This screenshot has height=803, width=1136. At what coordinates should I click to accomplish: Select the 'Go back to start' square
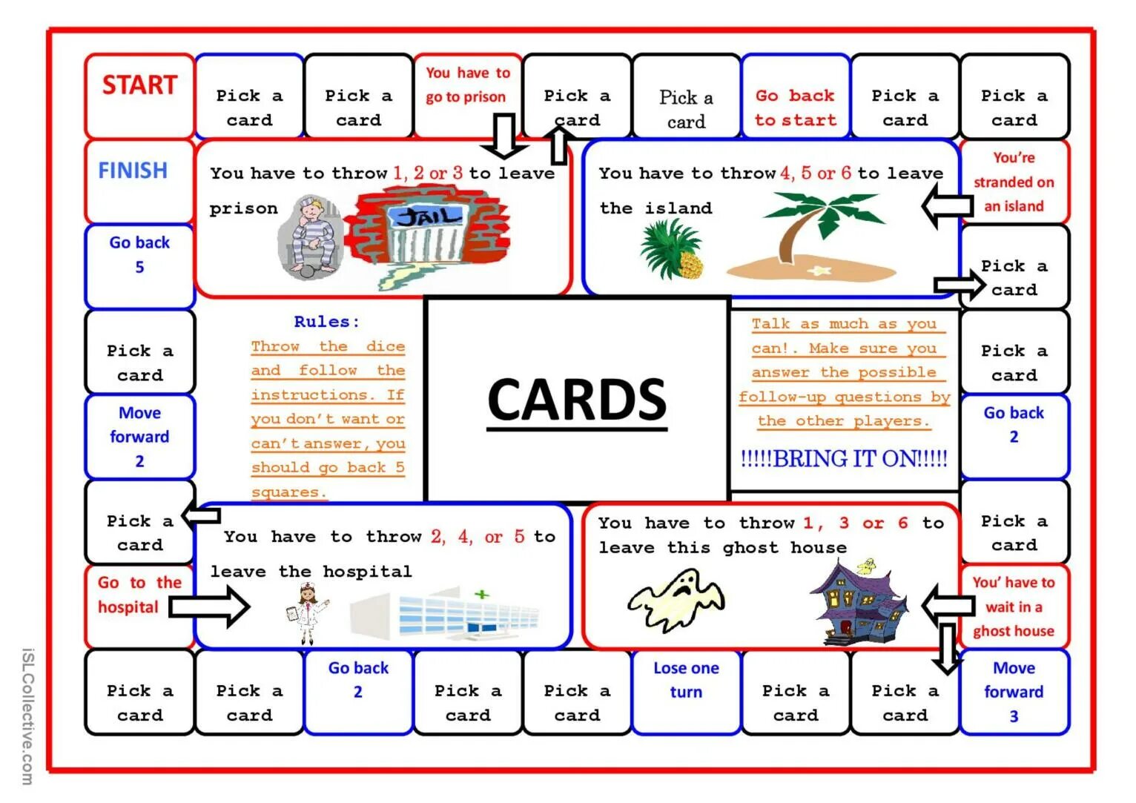pos(795,108)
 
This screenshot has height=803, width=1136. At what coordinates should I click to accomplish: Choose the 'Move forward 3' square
pos(1014,692)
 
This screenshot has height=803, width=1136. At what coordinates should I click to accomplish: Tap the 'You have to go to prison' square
pos(467,85)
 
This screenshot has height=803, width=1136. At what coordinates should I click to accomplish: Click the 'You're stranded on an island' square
pos(1014,182)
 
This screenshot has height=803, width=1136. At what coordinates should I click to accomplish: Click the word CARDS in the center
pos(577,399)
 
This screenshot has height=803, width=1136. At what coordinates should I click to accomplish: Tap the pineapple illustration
pos(672,249)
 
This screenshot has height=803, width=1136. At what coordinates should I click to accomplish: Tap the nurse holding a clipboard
pos(306,611)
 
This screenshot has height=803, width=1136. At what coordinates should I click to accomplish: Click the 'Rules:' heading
pos(326,322)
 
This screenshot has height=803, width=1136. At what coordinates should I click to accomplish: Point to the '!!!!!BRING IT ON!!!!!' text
pos(844,459)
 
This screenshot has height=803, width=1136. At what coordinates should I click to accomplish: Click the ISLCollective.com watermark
pos(27,716)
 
